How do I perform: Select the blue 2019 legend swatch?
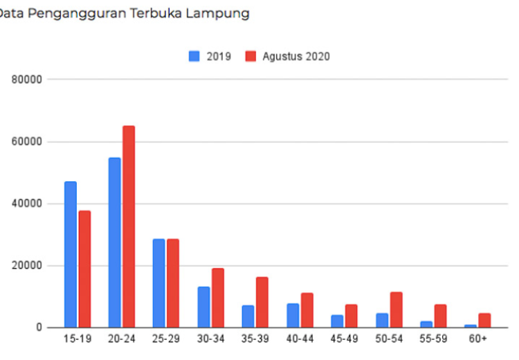coord(194,56)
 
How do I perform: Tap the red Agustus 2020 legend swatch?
coord(251,56)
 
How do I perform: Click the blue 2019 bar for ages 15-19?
coord(71,254)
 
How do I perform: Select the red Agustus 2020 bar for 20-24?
coord(129,226)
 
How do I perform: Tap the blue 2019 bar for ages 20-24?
coord(115,242)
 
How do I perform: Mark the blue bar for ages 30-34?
coord(203,307)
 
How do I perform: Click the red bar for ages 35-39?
coord(262,302)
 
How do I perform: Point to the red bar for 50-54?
coord(396,309)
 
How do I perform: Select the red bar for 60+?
coord(484,320)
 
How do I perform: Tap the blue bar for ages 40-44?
coord(293,315)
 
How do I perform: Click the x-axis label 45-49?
coord(344,341)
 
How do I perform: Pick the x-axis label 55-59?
coord(433,341)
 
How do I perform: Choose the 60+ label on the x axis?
coord(477,341)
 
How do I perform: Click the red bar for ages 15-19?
coord(84,269)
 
